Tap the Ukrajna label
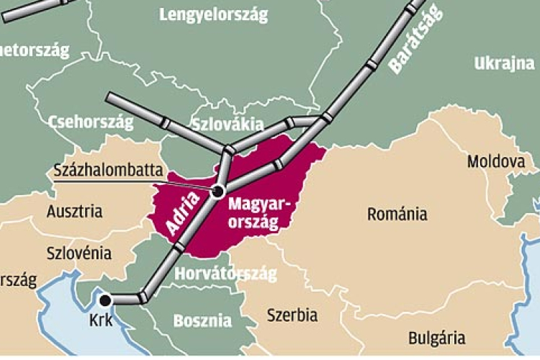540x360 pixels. (x=504, y=64)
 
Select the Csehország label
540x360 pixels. (x=91, y=122)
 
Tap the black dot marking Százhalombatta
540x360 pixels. (x=218, y=190)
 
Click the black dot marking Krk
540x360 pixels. (x=106, y=300)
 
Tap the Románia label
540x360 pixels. (x=397, y=214)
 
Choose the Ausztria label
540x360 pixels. (x=74, y=212)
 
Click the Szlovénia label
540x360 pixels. (x=78, y=253)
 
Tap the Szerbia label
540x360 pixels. (x=292, y=315)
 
